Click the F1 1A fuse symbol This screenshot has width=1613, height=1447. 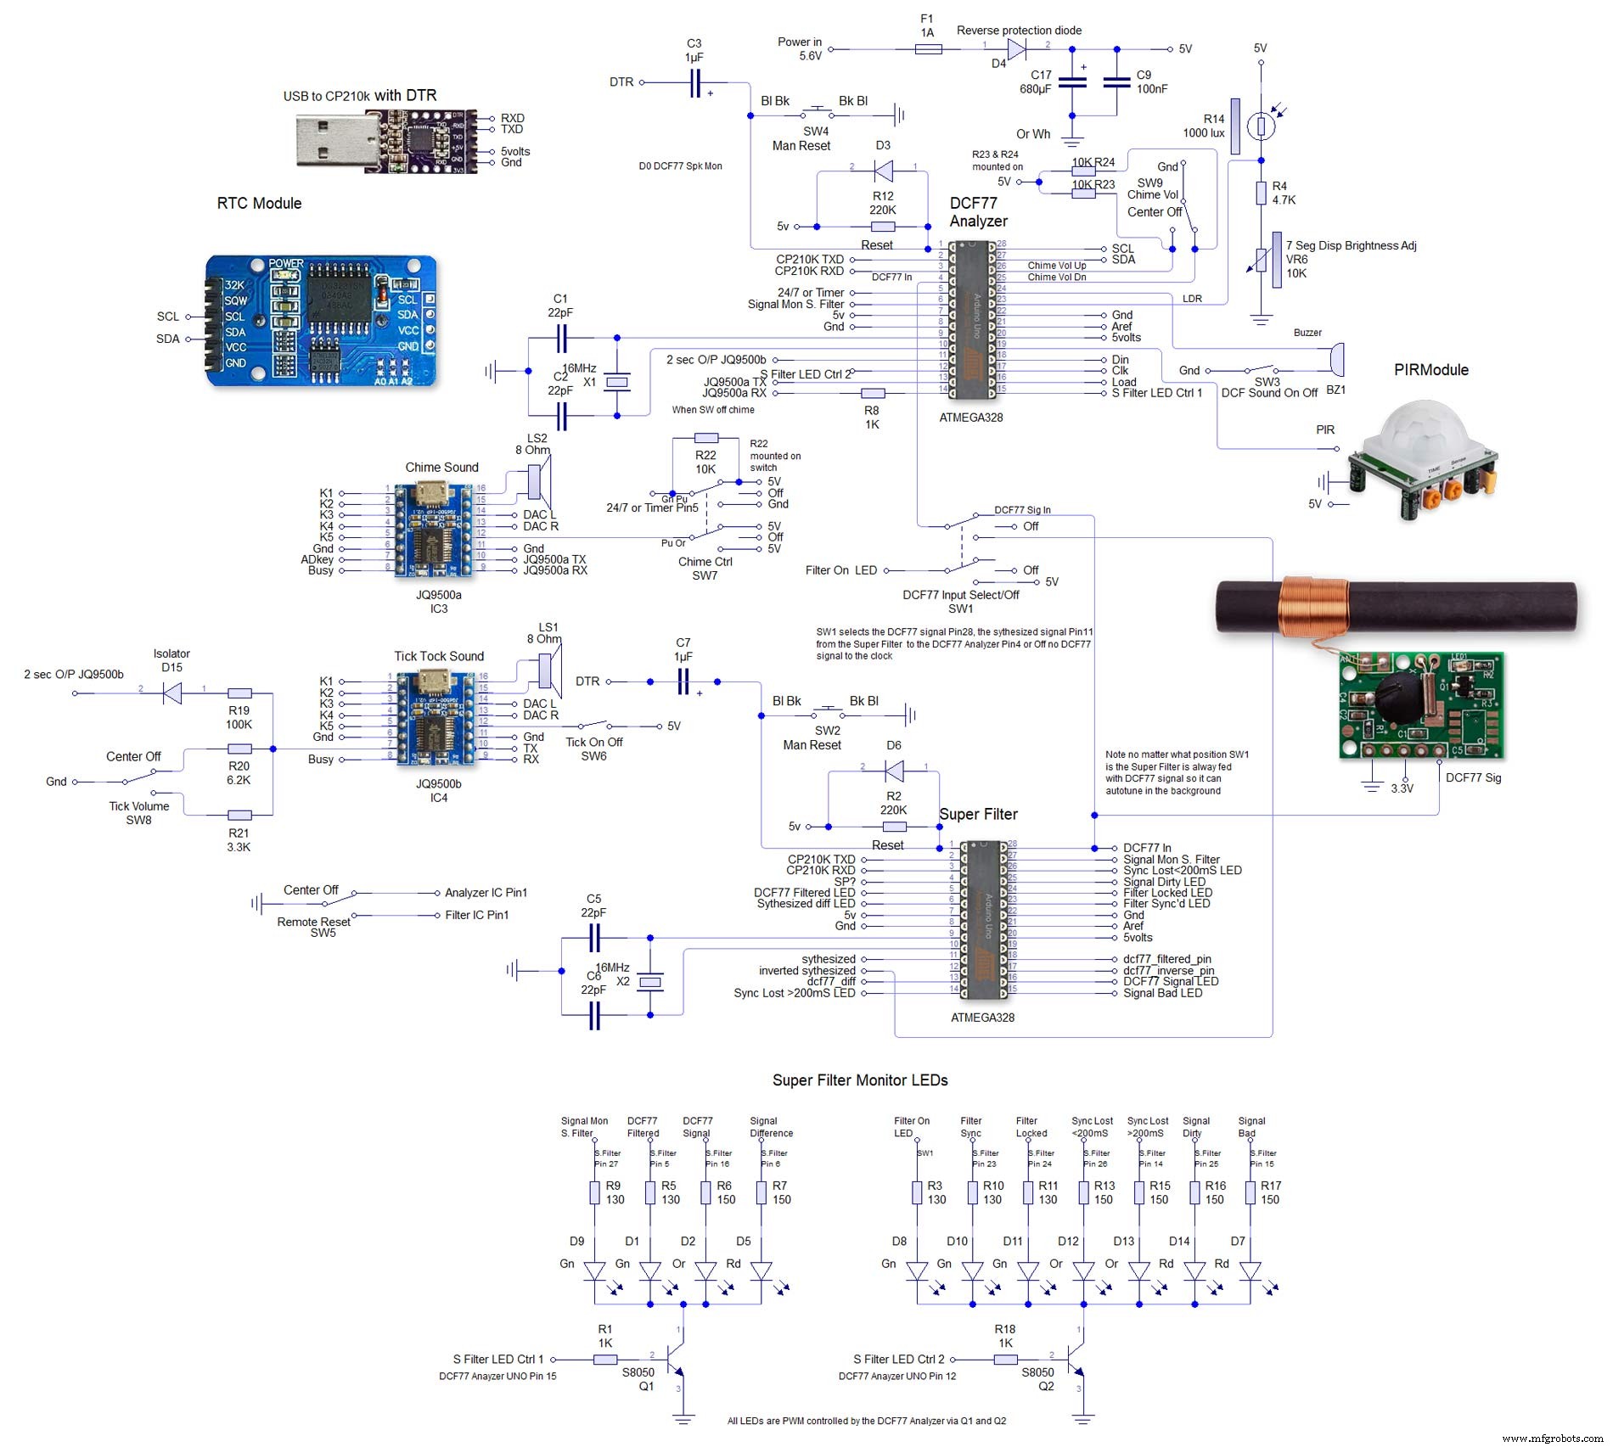pos(928,49)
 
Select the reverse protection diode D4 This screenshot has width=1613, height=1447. pos(1016,49)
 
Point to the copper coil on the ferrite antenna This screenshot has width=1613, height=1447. pos(1313,606)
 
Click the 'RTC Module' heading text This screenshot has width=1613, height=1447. pos(259,203)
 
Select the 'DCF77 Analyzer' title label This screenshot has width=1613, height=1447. pos(978,212)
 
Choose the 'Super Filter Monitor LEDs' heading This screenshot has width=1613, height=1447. pos(859,1080)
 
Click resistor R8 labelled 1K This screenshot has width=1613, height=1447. pos(873,393)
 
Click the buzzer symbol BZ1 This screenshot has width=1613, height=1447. pos(1336,359)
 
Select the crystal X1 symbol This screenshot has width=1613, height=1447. pos(617,383)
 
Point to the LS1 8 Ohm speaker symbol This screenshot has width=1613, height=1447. pos(548,668)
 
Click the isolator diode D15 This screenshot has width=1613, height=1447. pos(172,693)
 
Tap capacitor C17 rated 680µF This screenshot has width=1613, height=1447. pos(1072,82)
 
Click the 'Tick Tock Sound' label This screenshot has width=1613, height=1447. pos(439,656)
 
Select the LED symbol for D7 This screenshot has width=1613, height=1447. pos(1250,1270)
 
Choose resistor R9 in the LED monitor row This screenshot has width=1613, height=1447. pos(595,1192)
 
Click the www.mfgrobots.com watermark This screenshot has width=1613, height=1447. pos(1553,1438)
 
